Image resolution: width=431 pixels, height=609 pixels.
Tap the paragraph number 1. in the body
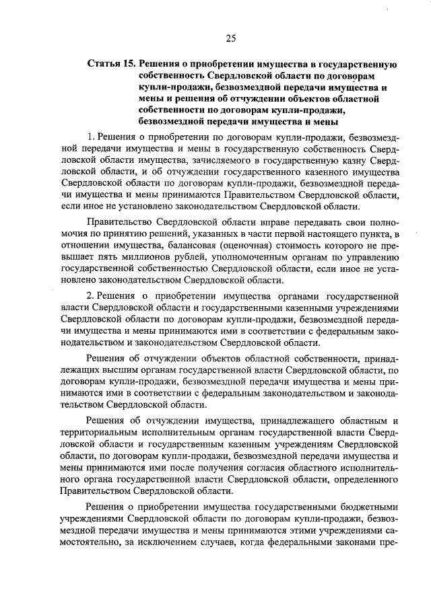pyautogui.click(x=92, y=138)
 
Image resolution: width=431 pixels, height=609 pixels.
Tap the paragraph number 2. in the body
pyautogui.click(x=92, y=296)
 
